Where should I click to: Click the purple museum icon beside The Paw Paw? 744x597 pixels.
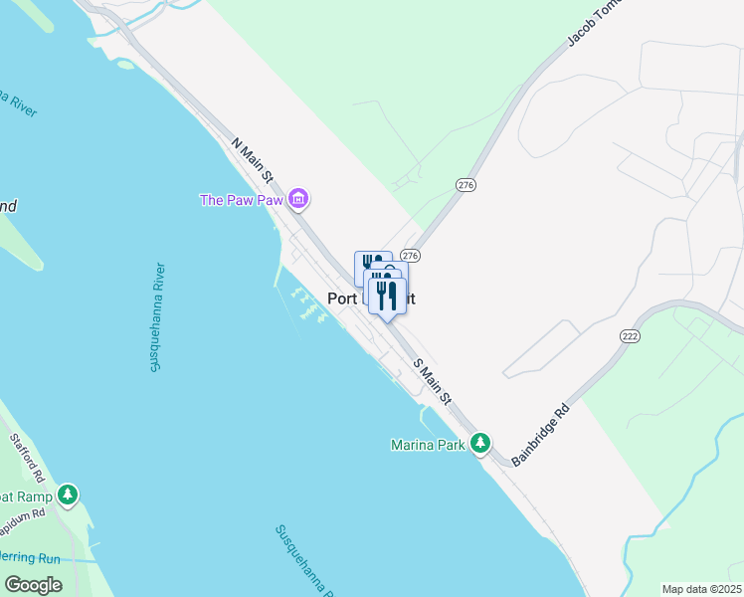click(x=298, y=200)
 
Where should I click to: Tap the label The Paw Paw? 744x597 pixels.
click(x=243, y=200)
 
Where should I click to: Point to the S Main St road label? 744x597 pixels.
click(x=433, y=382)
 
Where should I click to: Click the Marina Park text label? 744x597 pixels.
click(x=428, y=445)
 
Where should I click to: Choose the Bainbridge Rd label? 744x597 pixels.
click(x=541, y=436)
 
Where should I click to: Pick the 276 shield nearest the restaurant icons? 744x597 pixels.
click(x=410, y=256)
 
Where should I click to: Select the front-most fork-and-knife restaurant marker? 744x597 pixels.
click(x=387, y=295)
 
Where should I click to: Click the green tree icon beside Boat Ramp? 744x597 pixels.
click(x=67, y=494)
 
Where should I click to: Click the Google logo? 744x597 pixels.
click(x=33, y=584)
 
